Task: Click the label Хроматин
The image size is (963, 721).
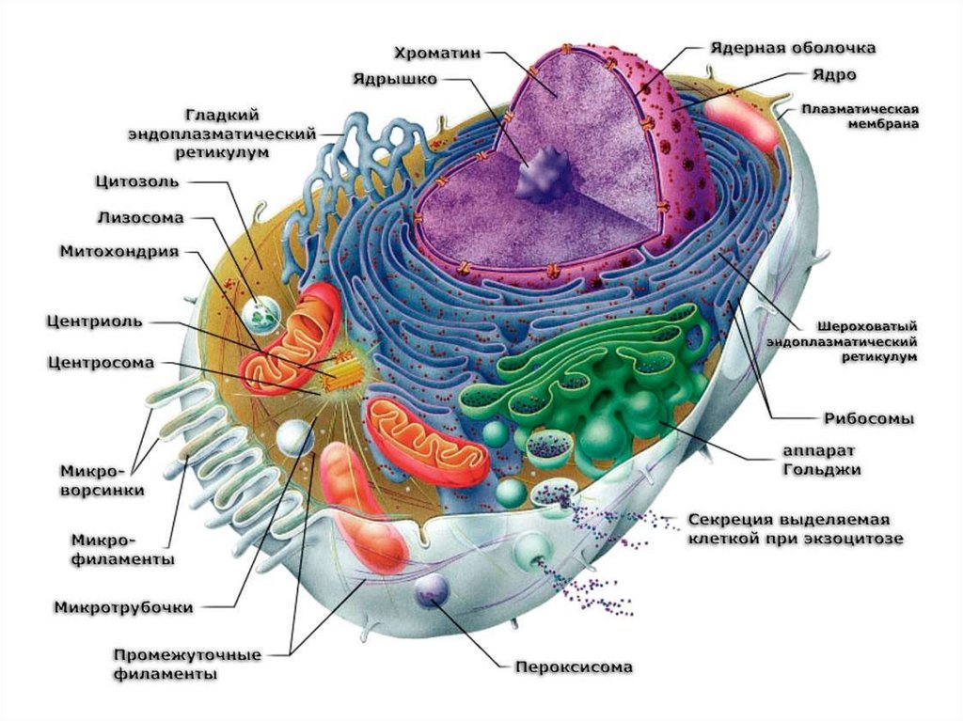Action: pos(436,53)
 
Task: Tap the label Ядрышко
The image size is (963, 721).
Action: pos(395,79)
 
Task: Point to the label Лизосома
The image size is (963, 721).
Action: pos(140,216)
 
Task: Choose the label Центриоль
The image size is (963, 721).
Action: pos(94,321)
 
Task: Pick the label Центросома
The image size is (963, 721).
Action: pos(100,362)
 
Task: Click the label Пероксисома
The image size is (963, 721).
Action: pos(573,667)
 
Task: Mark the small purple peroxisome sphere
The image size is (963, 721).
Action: pos(432,589)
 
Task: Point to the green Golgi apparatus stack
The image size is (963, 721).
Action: pos(602,395)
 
